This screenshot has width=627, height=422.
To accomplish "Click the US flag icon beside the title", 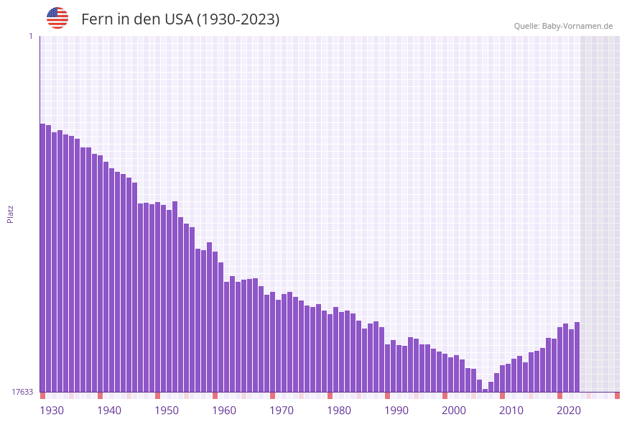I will tap(57, 18).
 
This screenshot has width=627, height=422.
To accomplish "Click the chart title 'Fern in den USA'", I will tap(180, 19).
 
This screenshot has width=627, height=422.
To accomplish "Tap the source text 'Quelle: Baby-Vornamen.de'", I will tap(563, 26).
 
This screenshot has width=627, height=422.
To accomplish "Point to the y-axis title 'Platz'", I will tap(11, 214).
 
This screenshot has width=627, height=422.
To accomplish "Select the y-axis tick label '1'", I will tap(30, 36).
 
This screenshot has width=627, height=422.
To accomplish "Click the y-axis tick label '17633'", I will tap(22, 392).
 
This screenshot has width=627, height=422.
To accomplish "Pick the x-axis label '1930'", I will tap(52, 410).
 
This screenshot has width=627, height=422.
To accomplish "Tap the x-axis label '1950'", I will tap(167, 410).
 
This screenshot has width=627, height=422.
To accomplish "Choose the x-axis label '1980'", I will tap(339, 410).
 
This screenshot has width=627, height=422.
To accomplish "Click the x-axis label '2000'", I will tap(454, 410).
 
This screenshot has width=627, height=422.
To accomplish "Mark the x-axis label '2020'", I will tap(569, 410).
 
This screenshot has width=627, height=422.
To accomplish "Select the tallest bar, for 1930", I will tap(43, 259).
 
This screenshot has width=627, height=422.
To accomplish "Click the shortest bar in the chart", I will tap(486, 390).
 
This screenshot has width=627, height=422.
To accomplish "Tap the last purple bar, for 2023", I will tap(577, 357).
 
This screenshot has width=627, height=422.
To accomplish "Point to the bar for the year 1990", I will tap(387, 368).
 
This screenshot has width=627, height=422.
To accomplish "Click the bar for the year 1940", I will tap(100, 273).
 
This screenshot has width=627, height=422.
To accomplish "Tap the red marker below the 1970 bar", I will tap(272, 395).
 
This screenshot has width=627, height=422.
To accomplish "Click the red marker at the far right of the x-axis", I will tap(617, 395).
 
